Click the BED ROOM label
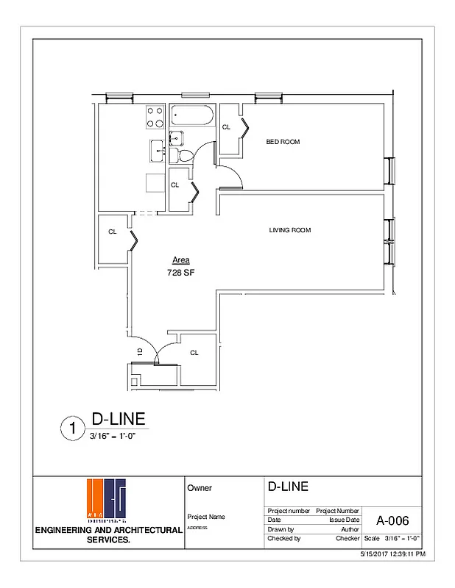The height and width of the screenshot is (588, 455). tap(283, 142)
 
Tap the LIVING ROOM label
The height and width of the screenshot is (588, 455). tap(289, 230)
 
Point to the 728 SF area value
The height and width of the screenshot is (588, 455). tap(180, 272)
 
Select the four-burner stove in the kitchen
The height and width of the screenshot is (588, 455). tap(156, 118)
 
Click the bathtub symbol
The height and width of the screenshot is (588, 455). tap(192, 117)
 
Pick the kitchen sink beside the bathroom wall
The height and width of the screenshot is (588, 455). tap(158, 151)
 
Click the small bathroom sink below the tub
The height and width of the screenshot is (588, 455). tap(175, 137)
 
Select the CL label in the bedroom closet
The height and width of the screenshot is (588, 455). tap(226, 127)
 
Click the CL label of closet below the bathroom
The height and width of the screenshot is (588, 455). tap(174, 185)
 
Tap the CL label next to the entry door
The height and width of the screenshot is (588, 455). tap(194, 353)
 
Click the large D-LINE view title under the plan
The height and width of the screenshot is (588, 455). tap(113, 420)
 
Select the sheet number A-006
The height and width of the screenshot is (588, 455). tap(392, 521)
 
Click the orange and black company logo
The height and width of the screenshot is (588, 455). tap(107, 501)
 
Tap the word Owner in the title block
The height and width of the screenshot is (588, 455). tap(200, 487)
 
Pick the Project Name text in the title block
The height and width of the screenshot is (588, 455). tap(206, 517)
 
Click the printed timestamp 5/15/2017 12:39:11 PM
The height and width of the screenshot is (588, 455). tap(392, 553)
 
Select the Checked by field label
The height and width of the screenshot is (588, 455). tap(284, 539)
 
